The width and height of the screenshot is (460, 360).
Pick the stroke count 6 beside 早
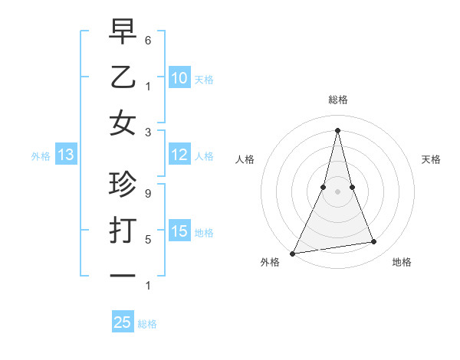[x=148, y=39]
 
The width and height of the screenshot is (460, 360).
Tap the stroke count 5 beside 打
[x=148, y=240]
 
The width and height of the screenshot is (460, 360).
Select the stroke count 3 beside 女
[x=148, y=131]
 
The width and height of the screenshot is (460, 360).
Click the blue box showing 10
[x=179, y=77]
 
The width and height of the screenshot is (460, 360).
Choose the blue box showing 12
[x=179, y=155]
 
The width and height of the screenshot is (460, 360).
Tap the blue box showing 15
[x=179, y=231]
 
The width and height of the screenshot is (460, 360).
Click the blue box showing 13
[x=65, y=155]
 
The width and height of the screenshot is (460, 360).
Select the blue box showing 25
[x=123, y=322]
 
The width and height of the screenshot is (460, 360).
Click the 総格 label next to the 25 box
[x=147, y=324]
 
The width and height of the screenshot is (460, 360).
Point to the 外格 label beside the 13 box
[x=41, y=156]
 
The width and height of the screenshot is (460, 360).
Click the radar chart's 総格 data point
[x=338, y=130]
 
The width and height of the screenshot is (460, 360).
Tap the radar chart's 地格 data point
[x=374, y=242]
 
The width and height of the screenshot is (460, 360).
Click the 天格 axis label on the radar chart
[x=431, y=159]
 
